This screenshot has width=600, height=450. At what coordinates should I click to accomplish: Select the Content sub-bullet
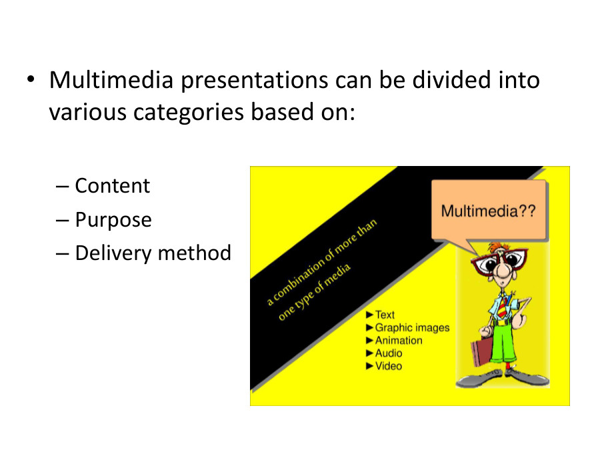(112, 185)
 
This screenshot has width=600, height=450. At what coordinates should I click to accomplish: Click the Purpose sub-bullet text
(113, 219)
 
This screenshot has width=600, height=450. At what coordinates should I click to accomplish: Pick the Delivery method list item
(153, 253)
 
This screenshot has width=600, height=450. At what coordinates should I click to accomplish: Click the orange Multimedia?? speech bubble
(489, 211)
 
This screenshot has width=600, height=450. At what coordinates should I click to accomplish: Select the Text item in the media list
(385, 315)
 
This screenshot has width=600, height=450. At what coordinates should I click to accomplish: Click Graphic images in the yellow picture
(412, 327)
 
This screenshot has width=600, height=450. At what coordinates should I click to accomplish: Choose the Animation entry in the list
(398, 340)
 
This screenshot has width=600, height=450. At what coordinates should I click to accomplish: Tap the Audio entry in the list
(389, 353)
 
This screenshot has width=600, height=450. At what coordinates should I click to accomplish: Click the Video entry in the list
(389, 365)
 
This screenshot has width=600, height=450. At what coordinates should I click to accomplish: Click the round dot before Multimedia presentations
(31, 80)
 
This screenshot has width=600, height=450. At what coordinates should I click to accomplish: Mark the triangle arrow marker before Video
(370, 365)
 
